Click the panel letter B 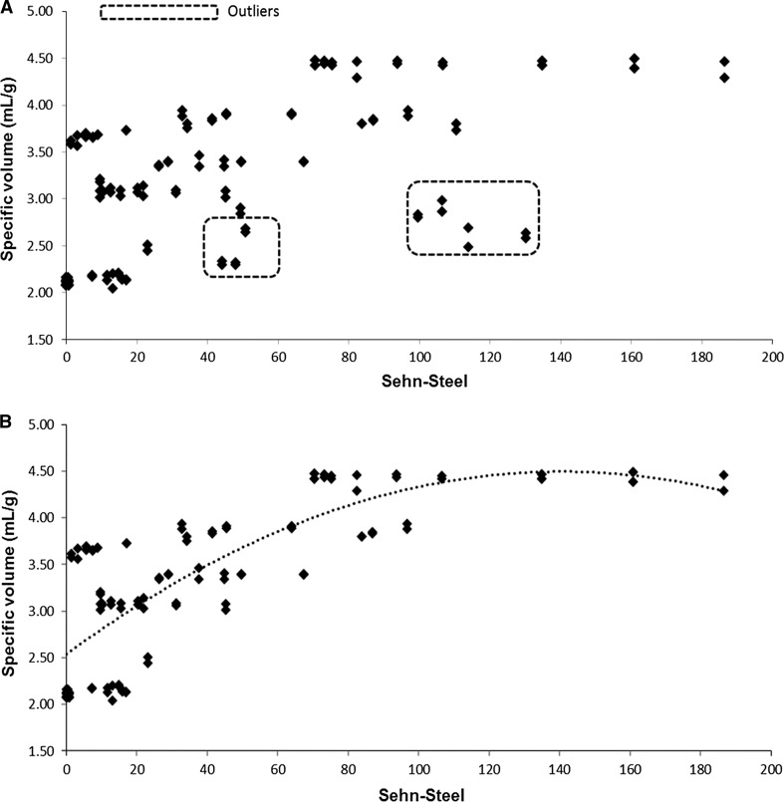(8, 421)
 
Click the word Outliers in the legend (252, 13)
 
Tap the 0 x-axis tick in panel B (67, 768)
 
